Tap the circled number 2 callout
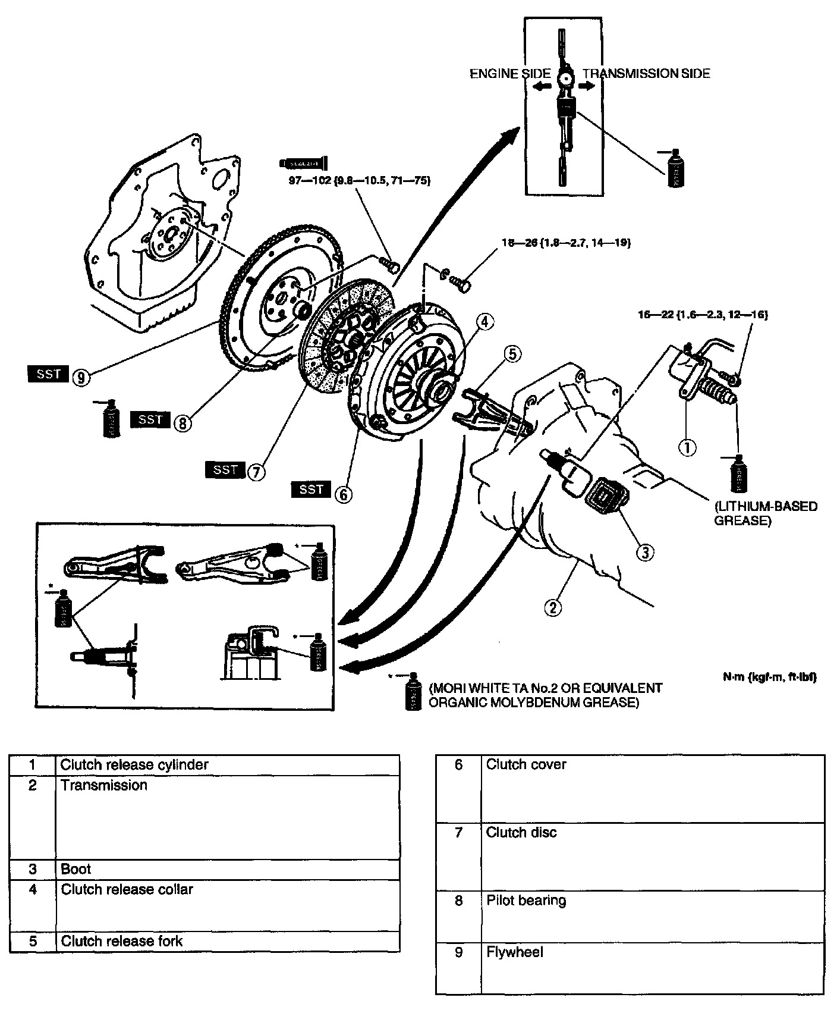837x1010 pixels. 553,607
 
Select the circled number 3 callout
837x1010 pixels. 645,552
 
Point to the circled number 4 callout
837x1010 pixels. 484,322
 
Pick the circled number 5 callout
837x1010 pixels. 512,353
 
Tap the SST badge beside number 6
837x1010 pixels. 311,489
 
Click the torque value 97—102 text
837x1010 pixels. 359,180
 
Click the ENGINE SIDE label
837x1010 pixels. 510,74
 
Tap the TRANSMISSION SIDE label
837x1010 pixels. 646,74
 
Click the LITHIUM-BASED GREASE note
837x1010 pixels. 766,513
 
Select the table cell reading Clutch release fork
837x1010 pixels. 121,941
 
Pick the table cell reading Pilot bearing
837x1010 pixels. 526,900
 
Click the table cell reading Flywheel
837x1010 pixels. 515,952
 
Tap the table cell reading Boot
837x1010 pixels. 76,869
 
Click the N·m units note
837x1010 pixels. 767,677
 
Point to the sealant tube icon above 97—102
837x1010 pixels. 304,162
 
